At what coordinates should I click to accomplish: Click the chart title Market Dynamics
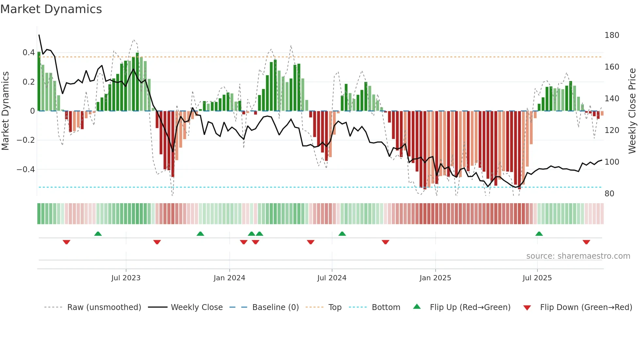51,9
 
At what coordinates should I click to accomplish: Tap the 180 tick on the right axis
612,35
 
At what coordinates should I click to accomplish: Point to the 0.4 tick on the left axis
29,53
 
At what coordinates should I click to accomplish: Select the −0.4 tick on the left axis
26,170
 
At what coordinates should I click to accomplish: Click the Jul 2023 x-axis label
126,278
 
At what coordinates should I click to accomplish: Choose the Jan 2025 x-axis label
435,278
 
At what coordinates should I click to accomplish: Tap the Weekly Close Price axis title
632,111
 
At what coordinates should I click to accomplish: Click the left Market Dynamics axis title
6,111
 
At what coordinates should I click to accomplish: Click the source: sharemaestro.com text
578,256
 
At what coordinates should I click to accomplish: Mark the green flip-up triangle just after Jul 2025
539,234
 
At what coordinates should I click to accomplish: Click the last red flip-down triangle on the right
586,242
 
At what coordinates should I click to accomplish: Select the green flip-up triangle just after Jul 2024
342,234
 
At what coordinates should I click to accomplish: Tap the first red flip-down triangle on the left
67,242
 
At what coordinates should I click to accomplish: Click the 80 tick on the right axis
609,194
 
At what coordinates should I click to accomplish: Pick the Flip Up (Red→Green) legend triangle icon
417,307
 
